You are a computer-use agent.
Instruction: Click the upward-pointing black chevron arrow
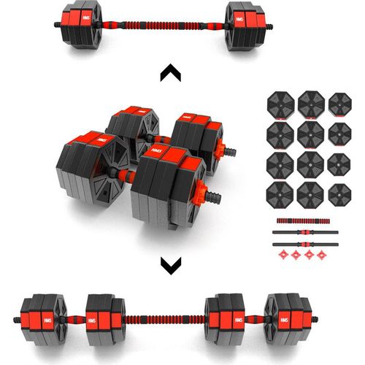coord(170,72)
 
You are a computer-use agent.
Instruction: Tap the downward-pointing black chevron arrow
coord(170,265)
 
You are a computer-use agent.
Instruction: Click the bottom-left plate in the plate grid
coord(280,193)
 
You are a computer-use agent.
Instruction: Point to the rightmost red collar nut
coord(319,255)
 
